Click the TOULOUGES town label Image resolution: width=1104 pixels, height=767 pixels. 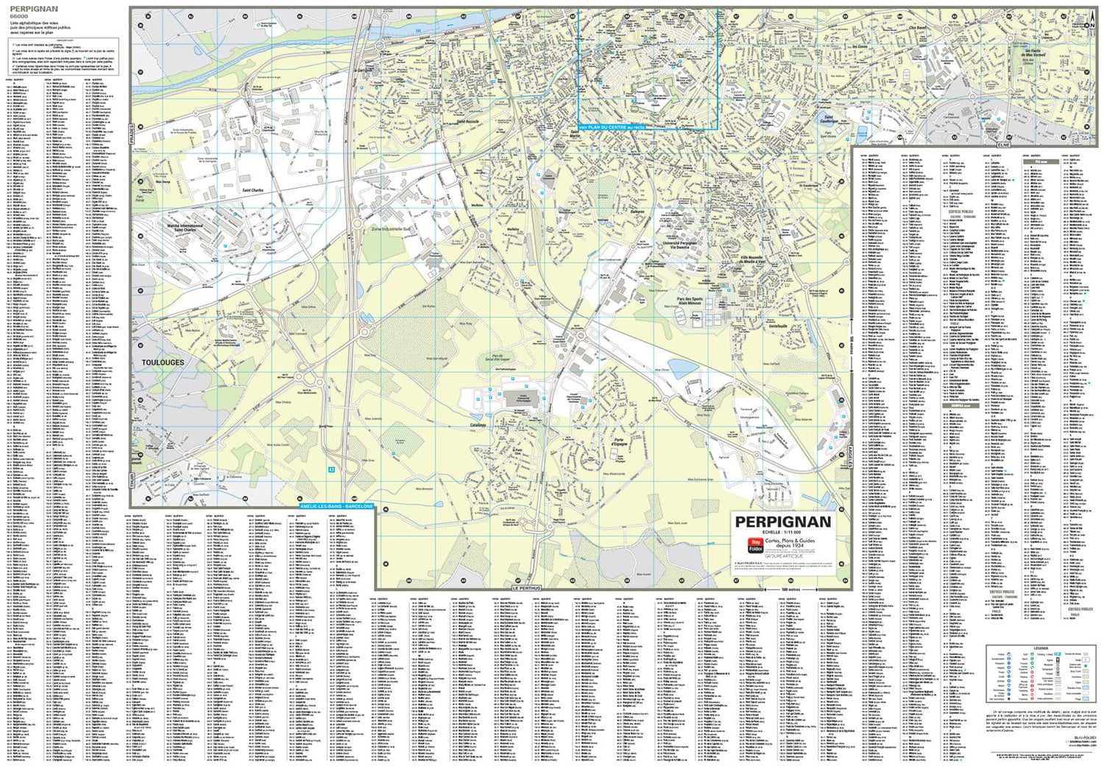tap(163, 363)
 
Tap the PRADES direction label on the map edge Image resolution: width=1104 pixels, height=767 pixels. tap(133, 135)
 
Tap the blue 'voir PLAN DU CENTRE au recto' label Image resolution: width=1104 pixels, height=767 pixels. tap(612, 127)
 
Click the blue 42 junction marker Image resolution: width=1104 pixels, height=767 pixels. tap(332, 469)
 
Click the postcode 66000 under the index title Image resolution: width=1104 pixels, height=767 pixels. tap(19, 15)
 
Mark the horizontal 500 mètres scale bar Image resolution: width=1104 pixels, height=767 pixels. tap(790, 589)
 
